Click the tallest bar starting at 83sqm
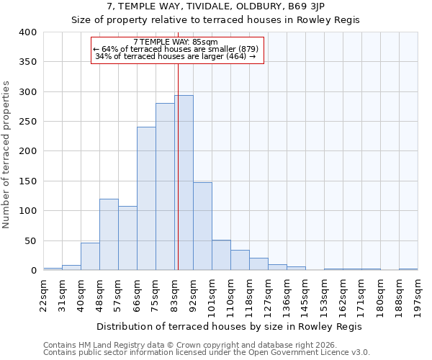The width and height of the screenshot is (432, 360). coord(184,183)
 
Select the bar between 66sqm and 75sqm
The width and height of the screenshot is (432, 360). coord(146,199)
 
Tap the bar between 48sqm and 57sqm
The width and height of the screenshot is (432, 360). coord(109,235)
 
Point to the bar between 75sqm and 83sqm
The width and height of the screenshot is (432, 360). coord(165,187)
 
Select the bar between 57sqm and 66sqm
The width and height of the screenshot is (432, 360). coord(127,238)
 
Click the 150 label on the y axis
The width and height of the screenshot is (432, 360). coord(27,181)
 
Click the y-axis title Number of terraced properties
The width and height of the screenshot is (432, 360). coord(7,155)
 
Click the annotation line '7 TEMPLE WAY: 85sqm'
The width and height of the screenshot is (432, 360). coord(176,42)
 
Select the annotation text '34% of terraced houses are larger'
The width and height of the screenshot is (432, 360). coord(176,56)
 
